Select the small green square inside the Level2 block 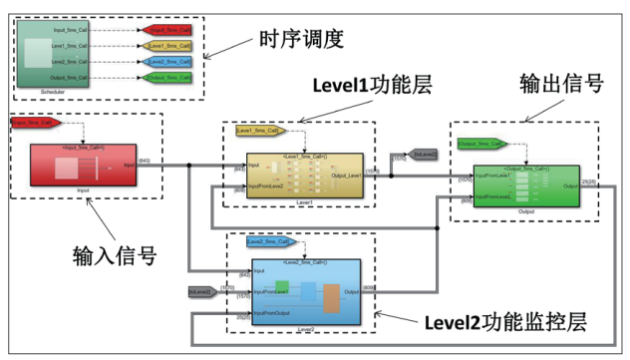click(282, 286)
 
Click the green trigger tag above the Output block click(480, 145)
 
